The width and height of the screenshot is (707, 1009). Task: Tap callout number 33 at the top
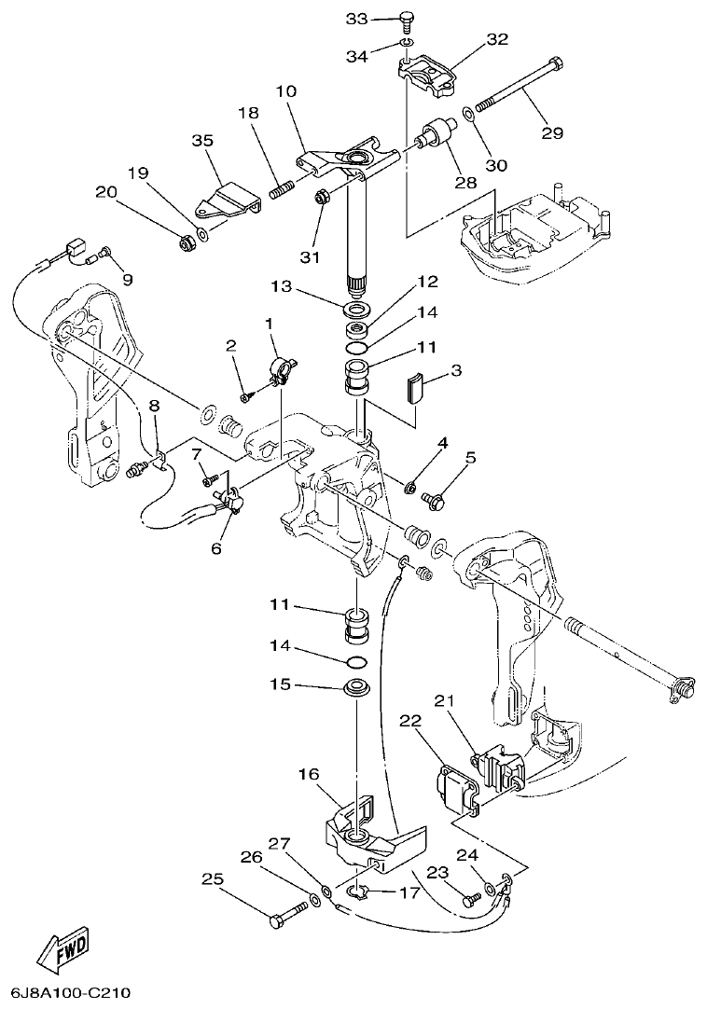pos(358,19)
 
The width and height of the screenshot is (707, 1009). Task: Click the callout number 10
pos(286,92)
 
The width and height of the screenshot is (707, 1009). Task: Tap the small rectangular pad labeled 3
pos(415,386)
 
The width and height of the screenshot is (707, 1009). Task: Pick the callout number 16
pos(309,773)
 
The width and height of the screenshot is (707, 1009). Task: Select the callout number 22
pos(410,720)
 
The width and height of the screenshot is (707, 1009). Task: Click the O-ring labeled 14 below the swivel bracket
pos(355,661)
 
